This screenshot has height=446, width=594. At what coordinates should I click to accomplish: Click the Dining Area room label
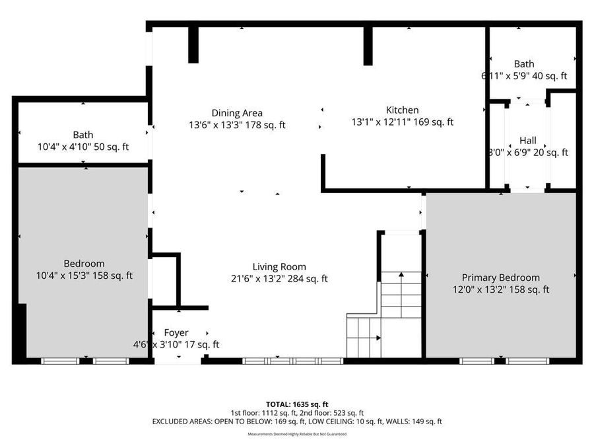point(237,113)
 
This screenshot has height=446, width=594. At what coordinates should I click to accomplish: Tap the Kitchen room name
point(402,110)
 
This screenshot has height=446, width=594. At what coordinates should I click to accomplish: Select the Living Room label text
point(279,267)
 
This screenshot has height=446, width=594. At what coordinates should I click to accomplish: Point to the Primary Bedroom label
point(500,278)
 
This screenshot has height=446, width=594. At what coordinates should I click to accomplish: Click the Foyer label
point(176,332)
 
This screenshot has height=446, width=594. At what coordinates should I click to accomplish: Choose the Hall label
point(527,141)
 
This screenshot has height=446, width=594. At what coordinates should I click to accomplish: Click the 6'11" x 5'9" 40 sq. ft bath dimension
point(524,76)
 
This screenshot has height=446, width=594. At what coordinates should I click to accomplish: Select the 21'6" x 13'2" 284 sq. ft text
point(279,279)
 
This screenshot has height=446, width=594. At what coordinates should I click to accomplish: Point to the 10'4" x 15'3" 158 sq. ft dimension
point(84,276)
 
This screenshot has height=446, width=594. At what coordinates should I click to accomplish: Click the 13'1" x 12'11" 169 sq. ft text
point(402,122)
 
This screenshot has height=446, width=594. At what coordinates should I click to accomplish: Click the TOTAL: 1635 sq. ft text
point(297,404)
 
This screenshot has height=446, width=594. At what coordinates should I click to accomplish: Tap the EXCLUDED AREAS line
point(297,421)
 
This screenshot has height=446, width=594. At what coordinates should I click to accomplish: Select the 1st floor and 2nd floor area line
point(297,412)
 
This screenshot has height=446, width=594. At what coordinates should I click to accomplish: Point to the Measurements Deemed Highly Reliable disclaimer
point(297,434)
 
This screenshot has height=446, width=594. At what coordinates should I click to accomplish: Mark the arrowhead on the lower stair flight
point(378,338)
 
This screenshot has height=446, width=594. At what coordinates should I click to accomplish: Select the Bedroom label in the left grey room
point(84,264)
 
